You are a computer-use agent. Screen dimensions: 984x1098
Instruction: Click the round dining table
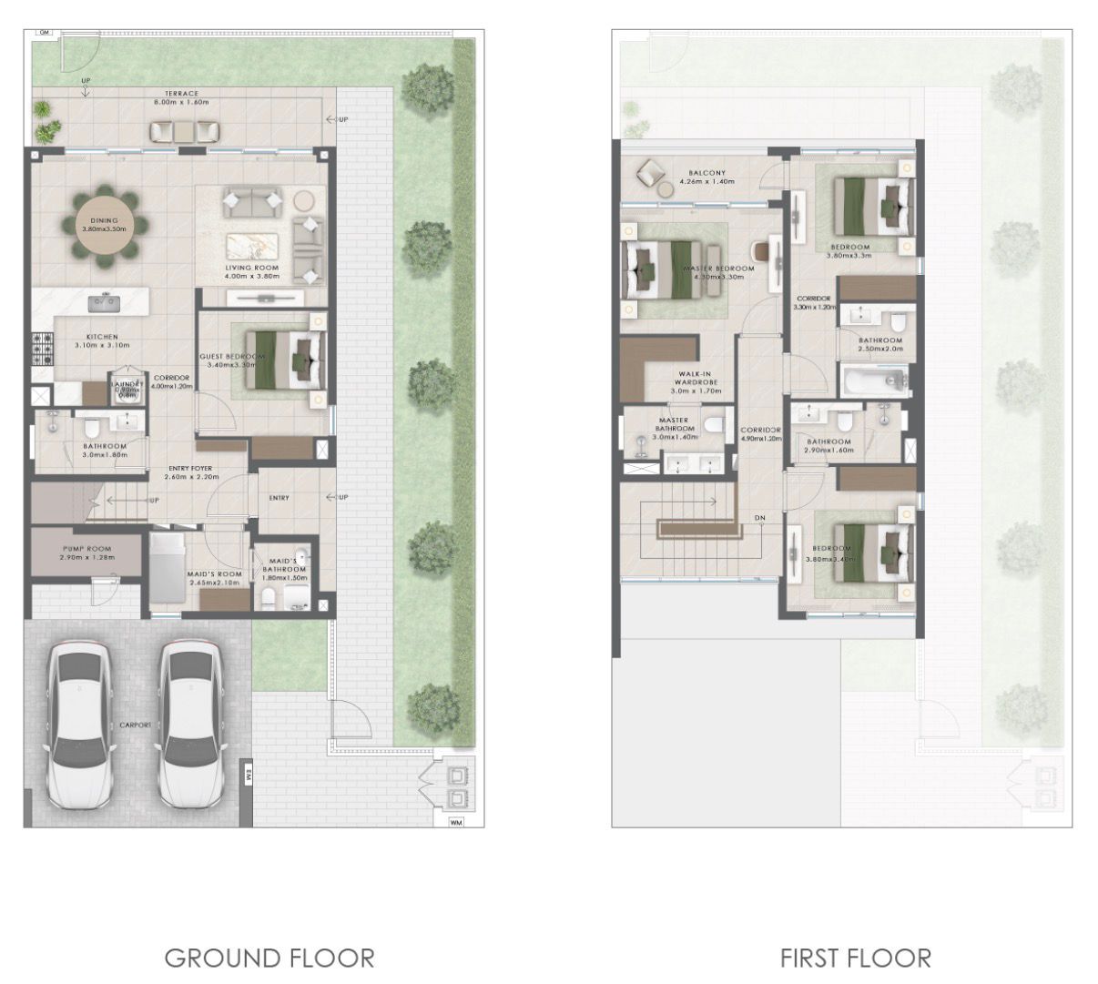click(104, 225)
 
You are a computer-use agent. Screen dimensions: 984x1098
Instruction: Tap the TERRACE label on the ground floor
click(181, 94)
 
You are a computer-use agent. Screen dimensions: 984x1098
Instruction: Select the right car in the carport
click(191, 724)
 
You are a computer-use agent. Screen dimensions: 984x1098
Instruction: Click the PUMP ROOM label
click(86, 549)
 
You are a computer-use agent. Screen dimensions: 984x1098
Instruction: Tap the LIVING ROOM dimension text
click(252, 276)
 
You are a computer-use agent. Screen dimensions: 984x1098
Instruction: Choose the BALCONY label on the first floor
click(707, 173)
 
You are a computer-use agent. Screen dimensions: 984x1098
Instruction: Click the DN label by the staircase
click(759, 518)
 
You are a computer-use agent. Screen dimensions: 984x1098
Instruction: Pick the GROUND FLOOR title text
click(269, 958)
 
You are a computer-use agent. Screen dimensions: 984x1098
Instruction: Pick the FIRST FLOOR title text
click(855, 958)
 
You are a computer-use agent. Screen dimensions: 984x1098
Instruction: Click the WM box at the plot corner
click(455, 823)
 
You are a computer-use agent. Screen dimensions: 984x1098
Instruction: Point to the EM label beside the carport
click(247, 774)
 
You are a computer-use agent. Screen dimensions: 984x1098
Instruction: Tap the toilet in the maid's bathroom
click(269, 597)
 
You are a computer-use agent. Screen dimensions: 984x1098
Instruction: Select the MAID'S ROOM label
click(215, 574)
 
